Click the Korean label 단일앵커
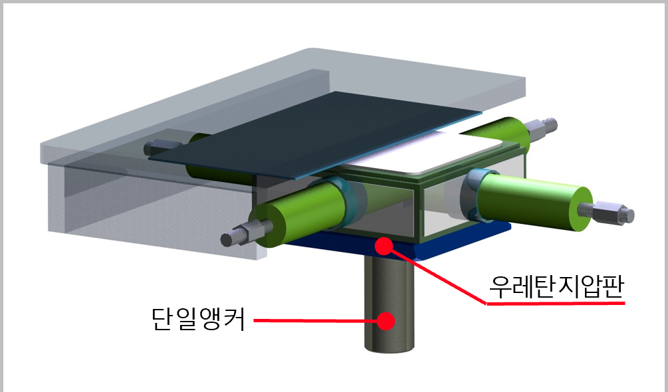pyautogui.click(x=197, y=320)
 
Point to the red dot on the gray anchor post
pyautogui.click(x=385, y=321)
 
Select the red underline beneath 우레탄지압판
pyautogui.click(x=556, y=304)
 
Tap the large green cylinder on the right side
pyautogui.click(x=532, y=199)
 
